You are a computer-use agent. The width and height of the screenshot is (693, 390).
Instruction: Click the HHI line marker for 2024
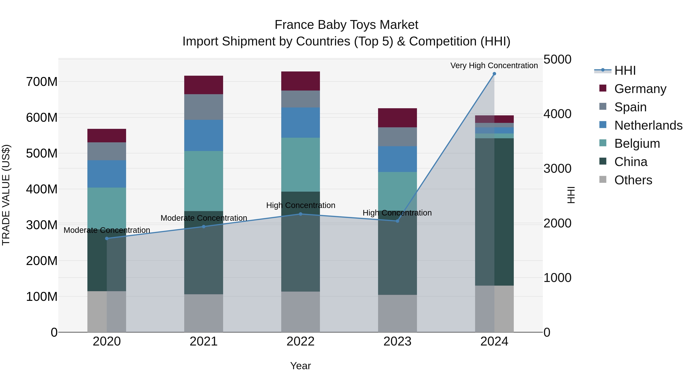tap(494, 74)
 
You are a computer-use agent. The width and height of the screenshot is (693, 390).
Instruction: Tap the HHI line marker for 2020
tap(107, 238)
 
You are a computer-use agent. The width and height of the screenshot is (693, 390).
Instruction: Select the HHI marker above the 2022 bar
tap(300, 214)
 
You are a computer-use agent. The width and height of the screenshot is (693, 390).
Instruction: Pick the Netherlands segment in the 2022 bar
tap(300, 122)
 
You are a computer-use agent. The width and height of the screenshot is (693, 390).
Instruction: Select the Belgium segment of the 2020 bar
tap(107, 207)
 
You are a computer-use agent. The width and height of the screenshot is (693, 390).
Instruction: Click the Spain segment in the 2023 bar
tap(397, 137)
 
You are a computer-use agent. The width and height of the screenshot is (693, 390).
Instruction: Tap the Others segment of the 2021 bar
tap(204, 313)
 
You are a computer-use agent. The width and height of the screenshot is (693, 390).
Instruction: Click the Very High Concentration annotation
tap(494, 65)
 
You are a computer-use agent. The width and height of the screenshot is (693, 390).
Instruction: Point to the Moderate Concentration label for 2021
tap(204, 218)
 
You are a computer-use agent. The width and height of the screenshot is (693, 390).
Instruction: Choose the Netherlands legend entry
tap(648, 125)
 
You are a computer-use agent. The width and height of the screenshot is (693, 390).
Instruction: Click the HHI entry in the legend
tap(625, 70)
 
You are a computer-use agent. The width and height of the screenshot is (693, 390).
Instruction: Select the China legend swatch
tap(603, 162)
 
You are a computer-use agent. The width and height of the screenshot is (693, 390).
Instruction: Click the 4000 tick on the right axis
tap(557, 114)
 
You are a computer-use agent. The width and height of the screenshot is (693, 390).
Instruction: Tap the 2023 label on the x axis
tap(397, 341)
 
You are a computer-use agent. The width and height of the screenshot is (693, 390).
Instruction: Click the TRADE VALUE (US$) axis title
tap(6, 195)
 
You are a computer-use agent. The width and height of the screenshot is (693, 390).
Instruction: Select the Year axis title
tap(300, 366)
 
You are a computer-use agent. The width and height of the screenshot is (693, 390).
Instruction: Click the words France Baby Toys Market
tap(346, 25)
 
